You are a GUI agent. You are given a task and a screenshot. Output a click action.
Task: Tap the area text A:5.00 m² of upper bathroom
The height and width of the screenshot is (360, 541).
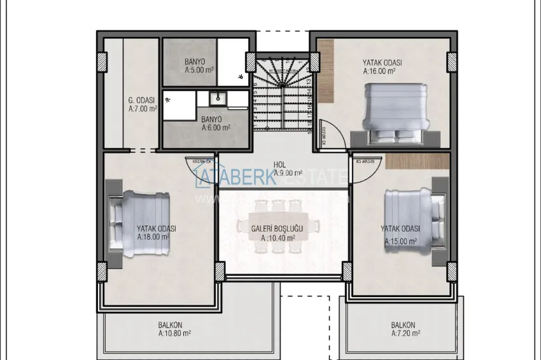[198, 71]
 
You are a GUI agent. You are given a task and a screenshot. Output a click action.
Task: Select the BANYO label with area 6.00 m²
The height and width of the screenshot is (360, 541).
[211, 119]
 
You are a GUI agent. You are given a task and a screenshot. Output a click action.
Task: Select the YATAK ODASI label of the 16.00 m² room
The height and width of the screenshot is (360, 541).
[382, 63]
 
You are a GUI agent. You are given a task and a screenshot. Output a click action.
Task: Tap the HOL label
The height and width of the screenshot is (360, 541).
[279, 164]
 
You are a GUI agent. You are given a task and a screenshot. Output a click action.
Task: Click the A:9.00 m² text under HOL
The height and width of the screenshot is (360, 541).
[287, 172]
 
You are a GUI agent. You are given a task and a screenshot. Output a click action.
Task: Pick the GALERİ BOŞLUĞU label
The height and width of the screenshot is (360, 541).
[277, 228]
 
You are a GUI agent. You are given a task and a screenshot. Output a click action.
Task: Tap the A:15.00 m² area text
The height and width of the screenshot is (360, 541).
[400, 242]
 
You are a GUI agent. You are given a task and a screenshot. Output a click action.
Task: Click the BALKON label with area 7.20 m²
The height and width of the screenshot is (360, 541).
[403, 324]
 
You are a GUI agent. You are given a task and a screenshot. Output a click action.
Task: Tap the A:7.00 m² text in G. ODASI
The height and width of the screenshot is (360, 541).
[143, 109]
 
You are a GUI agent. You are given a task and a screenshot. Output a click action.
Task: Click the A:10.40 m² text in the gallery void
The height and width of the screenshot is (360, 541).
[278, 238]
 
